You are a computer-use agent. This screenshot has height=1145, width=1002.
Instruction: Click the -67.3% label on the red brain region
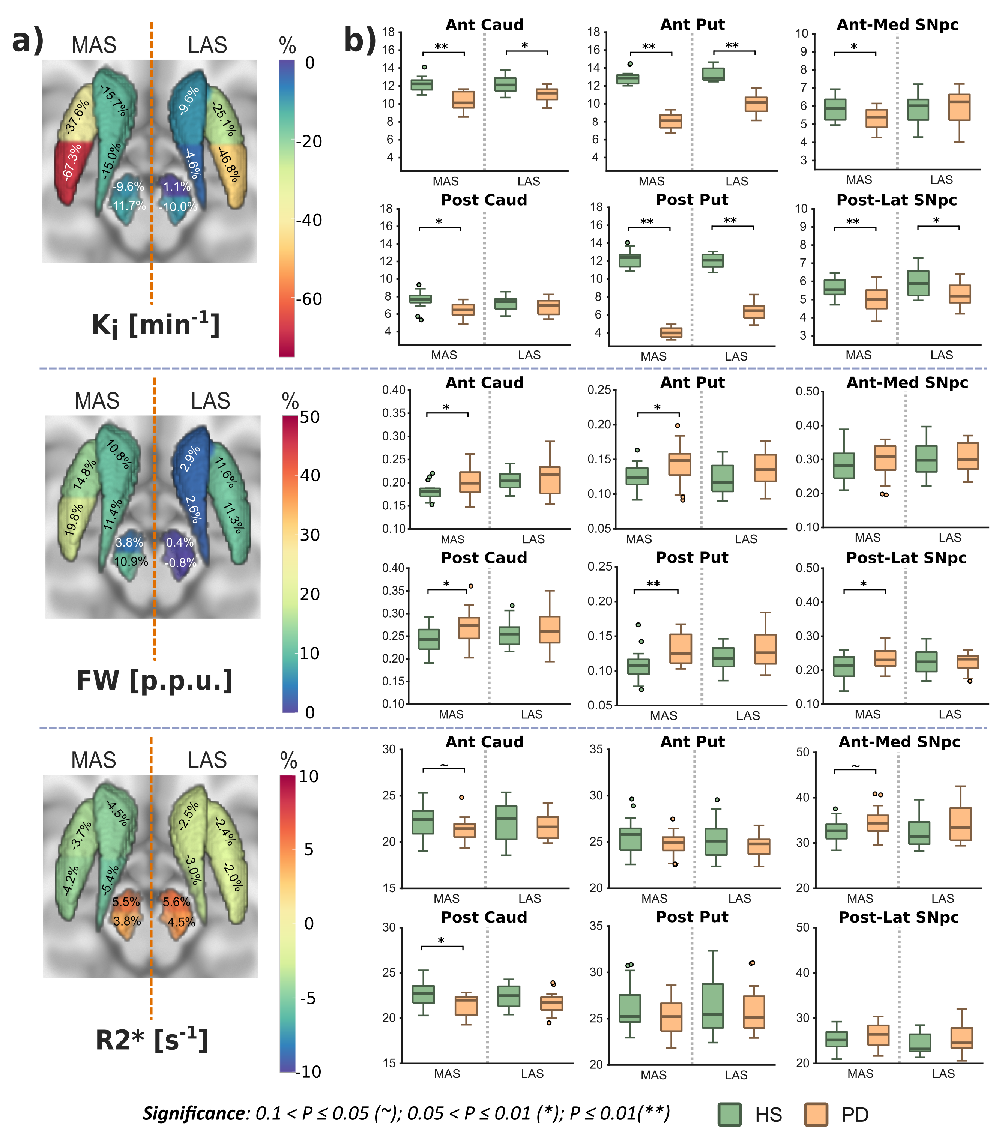pos(72,162)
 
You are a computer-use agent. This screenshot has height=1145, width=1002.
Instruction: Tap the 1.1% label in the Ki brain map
pos(177,187)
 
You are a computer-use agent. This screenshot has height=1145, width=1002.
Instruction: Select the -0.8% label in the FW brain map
pos(180,562)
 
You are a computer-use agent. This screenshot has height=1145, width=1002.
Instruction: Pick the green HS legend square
pos(729,1114)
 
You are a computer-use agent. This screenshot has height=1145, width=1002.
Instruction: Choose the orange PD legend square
pos(816,1114)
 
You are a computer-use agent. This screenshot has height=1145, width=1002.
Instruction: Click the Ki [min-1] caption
pos(155,325)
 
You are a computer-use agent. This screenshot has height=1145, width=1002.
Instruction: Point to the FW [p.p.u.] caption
pos(154,681)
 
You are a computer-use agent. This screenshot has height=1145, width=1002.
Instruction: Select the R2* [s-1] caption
pos(152,1040)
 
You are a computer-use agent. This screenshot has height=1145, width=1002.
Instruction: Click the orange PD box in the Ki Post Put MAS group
pos(671,332)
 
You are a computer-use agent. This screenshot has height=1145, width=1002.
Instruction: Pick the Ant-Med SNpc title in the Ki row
pos(897,25)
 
